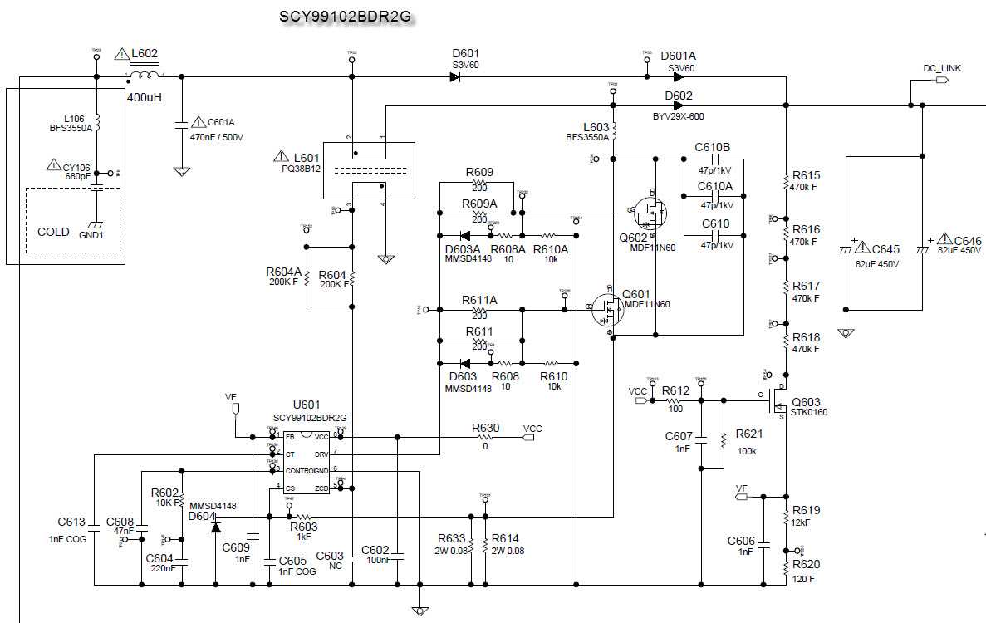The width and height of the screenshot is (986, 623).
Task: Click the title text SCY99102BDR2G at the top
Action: click(x=344, y=17)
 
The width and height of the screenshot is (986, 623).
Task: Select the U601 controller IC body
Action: click(x=307, y=462)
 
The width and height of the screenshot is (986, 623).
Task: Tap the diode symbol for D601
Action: click(x=455, y=77)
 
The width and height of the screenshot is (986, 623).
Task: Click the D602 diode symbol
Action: click(x=679, y=105)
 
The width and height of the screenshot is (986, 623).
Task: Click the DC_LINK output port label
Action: click(x=942, y=68)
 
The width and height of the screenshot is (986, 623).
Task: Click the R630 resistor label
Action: click(x=485, y=428)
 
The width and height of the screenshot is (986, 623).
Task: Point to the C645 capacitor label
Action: click(x=885, y=249)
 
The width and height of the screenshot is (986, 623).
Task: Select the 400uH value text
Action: click(x=145, y=97)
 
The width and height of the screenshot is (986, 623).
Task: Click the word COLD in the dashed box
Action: click(x=54, y=232)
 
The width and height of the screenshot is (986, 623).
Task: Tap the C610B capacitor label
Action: click(x=713, y=148)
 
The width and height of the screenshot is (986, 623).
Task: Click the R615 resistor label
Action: click(x=806, y=175)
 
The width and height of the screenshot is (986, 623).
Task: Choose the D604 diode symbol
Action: click(x=215, y=527)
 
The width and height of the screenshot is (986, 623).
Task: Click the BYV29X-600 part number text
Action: click(x=679, y=117)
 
